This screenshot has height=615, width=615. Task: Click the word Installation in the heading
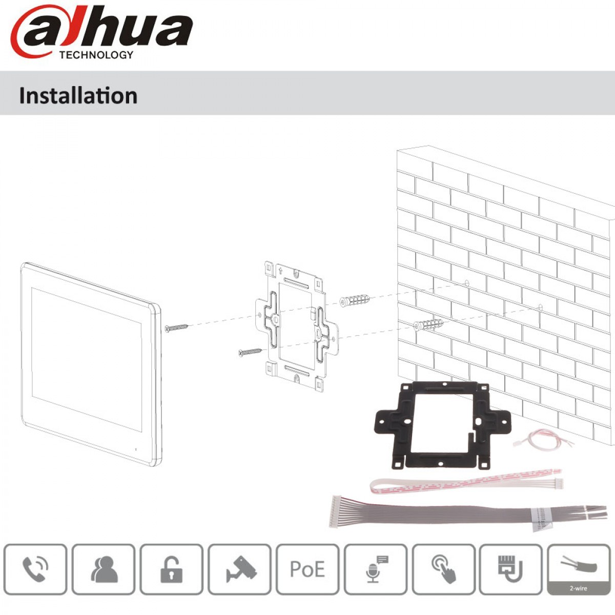point(78,96)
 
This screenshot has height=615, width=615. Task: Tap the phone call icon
point(35,569)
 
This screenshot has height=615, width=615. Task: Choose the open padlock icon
point(171,569)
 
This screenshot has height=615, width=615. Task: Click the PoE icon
point(307,569)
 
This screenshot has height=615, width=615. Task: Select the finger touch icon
point(444,569)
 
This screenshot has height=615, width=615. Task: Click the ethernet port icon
point(510,569)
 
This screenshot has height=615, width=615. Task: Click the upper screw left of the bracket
point(176,327)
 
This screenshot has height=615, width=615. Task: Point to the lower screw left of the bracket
point(250,352)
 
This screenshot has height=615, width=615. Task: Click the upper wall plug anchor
point(355,300)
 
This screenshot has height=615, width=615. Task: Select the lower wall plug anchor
point(428,325)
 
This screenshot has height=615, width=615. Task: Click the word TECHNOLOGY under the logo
point(96,55)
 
